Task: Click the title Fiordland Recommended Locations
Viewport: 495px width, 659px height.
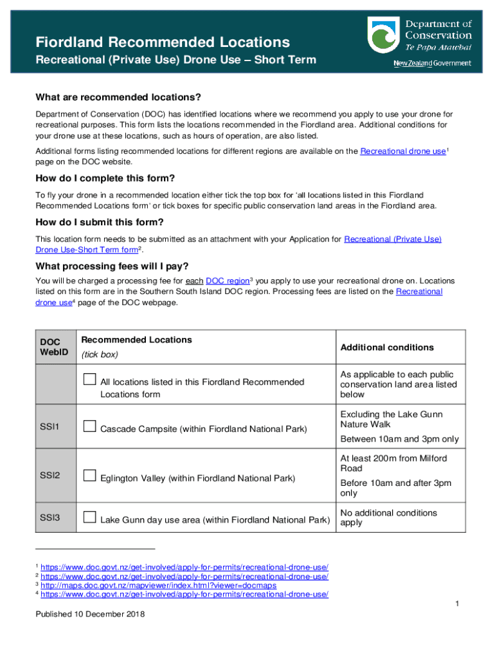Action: tap(163, 42)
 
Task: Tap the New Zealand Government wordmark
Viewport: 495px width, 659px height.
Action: tap(432, 64)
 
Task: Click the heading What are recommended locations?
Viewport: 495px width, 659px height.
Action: tap(118, 97)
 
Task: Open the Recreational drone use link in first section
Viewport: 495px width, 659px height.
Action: tap(402, 151)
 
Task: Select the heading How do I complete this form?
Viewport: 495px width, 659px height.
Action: tap(105, 178)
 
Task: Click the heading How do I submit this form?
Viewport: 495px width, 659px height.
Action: tap(100, 222)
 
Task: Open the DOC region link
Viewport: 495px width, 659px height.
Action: tap(227, 281)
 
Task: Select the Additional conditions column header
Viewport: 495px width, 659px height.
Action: tap(387, 348)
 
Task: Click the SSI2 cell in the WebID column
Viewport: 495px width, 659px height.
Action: tap(50, 476)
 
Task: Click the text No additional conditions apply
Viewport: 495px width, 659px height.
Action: tap(388, 517)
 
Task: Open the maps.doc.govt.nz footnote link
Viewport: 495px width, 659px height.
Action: tap(158, 586)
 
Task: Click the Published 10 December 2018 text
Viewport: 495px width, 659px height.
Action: tap(90, 614)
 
